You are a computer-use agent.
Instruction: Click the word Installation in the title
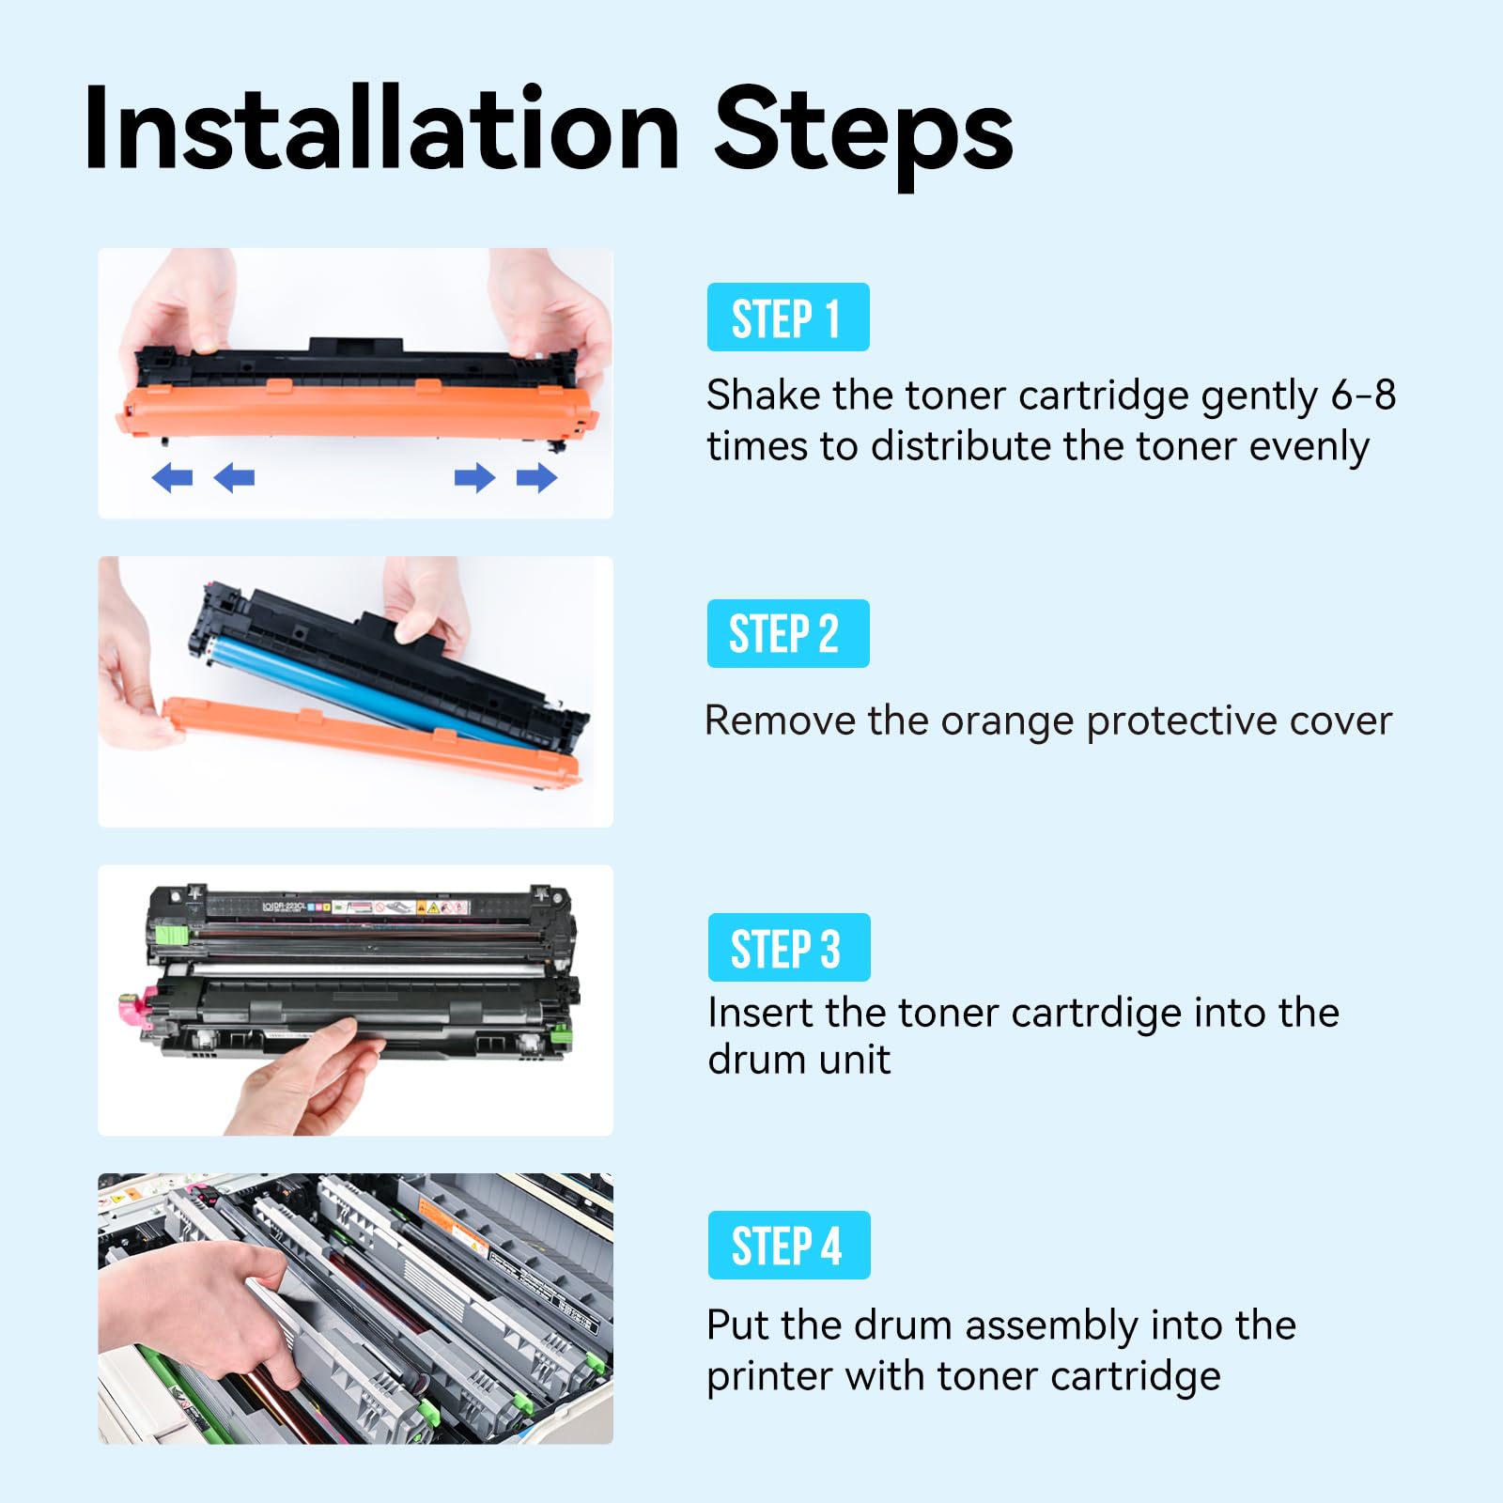[x=380, y=130]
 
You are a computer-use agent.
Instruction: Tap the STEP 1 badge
[x=787, y=318]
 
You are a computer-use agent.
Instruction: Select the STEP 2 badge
[x=787, y=633]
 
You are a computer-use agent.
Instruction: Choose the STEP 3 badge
[x=788, y=947]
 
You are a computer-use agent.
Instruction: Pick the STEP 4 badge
[x=788, y=1245]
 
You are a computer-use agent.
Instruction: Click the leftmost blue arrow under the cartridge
[x=172, y=477]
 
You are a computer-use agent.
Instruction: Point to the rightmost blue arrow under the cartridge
[x=536, y=477]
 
